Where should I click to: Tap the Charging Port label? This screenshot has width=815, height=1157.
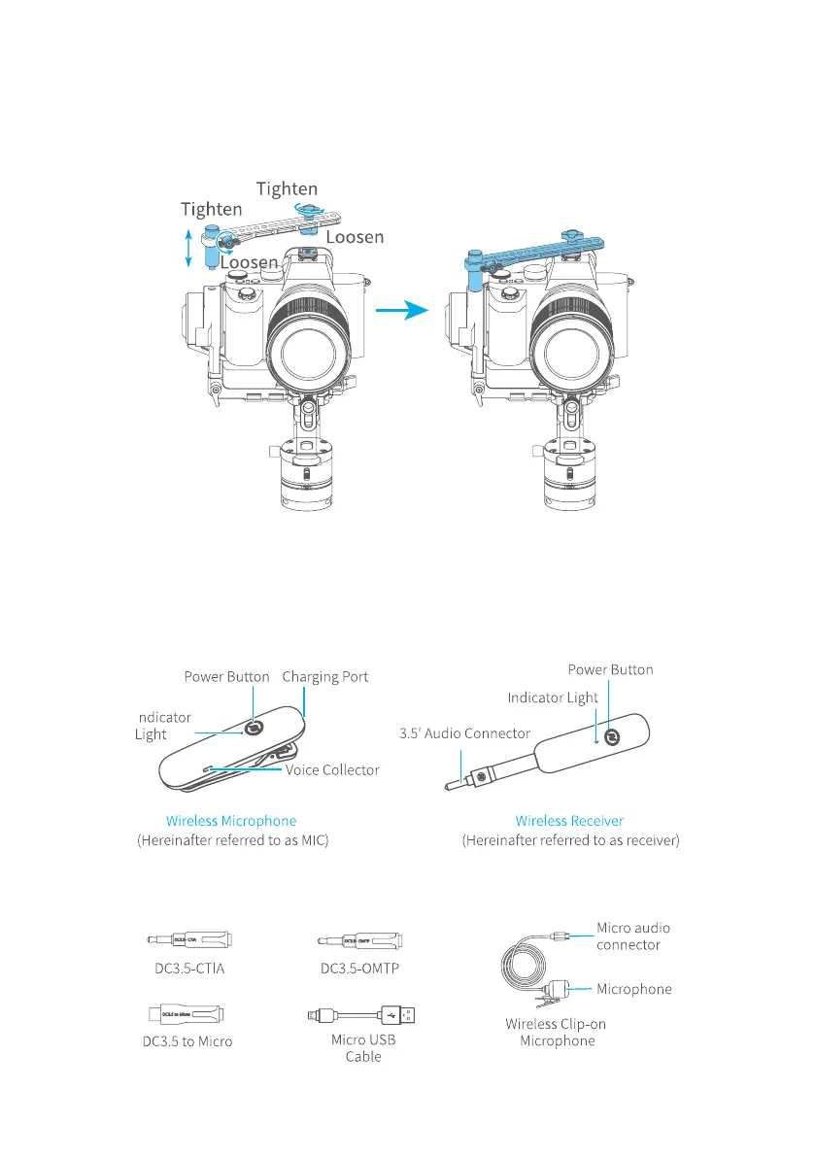click(325, 677)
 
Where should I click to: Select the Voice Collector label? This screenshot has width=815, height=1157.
click(332, 769)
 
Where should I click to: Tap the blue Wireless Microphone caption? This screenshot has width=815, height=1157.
click(231, 821)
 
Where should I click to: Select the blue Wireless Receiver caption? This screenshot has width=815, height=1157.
click(569, 821)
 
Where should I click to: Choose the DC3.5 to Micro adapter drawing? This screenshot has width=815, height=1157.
click(190, 1014)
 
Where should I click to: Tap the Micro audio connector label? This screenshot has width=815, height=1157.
click(632, 936)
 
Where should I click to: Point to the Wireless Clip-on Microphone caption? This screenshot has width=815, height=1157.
click(556, 1032)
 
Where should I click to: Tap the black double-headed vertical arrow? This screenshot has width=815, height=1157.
click(187, 248)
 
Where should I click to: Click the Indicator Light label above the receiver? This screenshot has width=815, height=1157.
click(553, 698)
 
